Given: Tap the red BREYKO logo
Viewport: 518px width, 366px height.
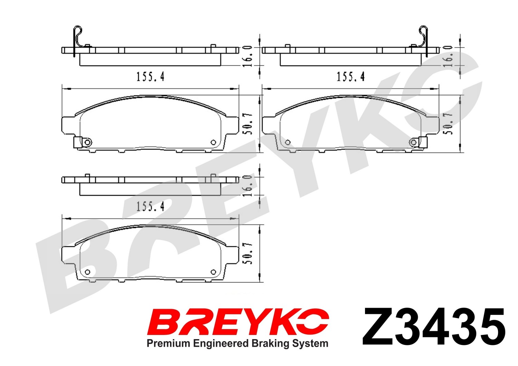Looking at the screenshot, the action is [238, 322].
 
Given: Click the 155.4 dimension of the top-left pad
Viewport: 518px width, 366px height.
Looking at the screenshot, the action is [150, 77].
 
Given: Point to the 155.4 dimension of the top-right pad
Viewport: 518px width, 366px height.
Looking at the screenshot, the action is [351, 77].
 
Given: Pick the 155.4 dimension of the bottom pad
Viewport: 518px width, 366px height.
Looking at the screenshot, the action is [150, 206].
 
